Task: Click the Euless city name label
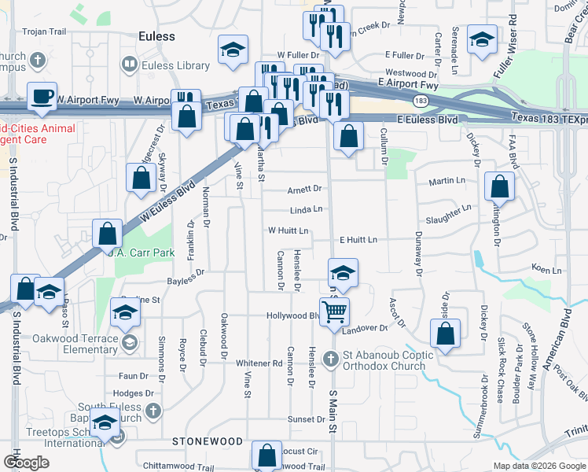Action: click(x=156, y=36)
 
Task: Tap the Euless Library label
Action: click(x=170, y=66)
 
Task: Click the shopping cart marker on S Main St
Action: click(x=335, y=311)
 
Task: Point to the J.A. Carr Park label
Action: click(x=141, y=253)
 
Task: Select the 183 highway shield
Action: click(x=421, y=100)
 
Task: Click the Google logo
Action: click(x=26, y=463)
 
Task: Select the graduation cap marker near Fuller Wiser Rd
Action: click(x=481, y=39)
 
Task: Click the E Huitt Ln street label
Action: click(x=358, y=239)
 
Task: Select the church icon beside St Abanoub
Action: click(x=330, y=360)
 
